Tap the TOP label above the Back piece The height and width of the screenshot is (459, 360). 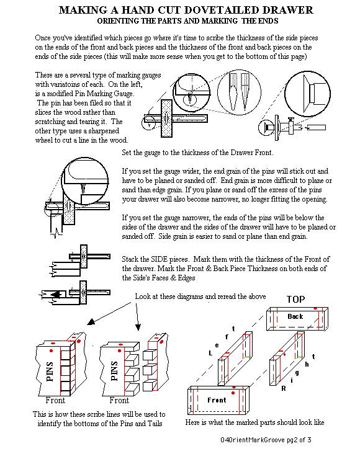pos(295,299)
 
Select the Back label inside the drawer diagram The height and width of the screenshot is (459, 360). pos(295,316)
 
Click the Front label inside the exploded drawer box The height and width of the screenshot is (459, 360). pos(217,400)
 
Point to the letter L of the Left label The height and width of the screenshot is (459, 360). pos(210,354)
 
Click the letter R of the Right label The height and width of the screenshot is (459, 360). pos(283,389)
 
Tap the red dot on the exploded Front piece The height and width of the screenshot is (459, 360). pos(233,393)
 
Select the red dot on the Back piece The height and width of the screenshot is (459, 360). pos(315,308)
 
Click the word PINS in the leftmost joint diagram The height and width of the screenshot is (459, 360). pos(50,371)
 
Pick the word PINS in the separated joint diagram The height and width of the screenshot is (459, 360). pos(114,371)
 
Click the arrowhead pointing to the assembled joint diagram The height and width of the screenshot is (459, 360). pos(91,322)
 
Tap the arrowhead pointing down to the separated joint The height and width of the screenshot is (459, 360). pos(138,327)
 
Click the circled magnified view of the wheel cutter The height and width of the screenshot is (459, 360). pos(307,94)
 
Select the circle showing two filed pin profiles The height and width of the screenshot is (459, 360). pos(239,92)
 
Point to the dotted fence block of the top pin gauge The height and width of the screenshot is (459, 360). pos(166,118)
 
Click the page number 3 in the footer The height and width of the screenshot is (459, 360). pos(309,440)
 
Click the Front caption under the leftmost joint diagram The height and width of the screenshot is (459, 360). pos(55,400)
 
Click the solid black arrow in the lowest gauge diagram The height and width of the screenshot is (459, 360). pos(56,295)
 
